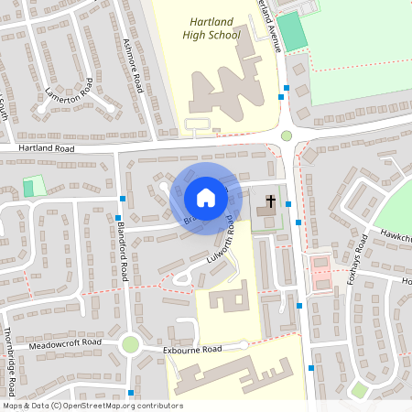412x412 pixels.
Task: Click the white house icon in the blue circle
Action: coord(205,198)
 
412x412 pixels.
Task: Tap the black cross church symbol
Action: coord(270,201)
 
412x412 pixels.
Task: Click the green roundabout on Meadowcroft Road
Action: coord(130,345)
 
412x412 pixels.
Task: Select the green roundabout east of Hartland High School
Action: coord(287,136)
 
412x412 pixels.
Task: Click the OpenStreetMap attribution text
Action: coord(92,406)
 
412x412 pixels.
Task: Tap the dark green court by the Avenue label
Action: coord(293,33)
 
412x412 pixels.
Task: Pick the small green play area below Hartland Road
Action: coord(34,186)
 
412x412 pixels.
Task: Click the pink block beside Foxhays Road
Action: coord(321,272)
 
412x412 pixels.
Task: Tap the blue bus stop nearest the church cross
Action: coord(288,204)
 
